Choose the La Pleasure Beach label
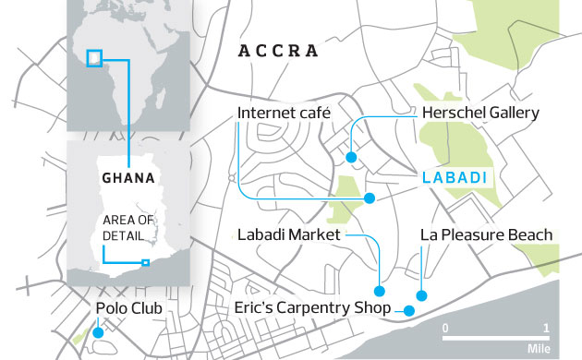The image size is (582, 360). point(486,235)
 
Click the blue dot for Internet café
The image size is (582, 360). point(369,198)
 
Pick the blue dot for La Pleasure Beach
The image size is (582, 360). point(421,296)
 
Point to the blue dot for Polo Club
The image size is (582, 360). point(97,331)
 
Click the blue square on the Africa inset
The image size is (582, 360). point(94,58)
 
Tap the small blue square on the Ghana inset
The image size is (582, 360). point(145,263)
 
